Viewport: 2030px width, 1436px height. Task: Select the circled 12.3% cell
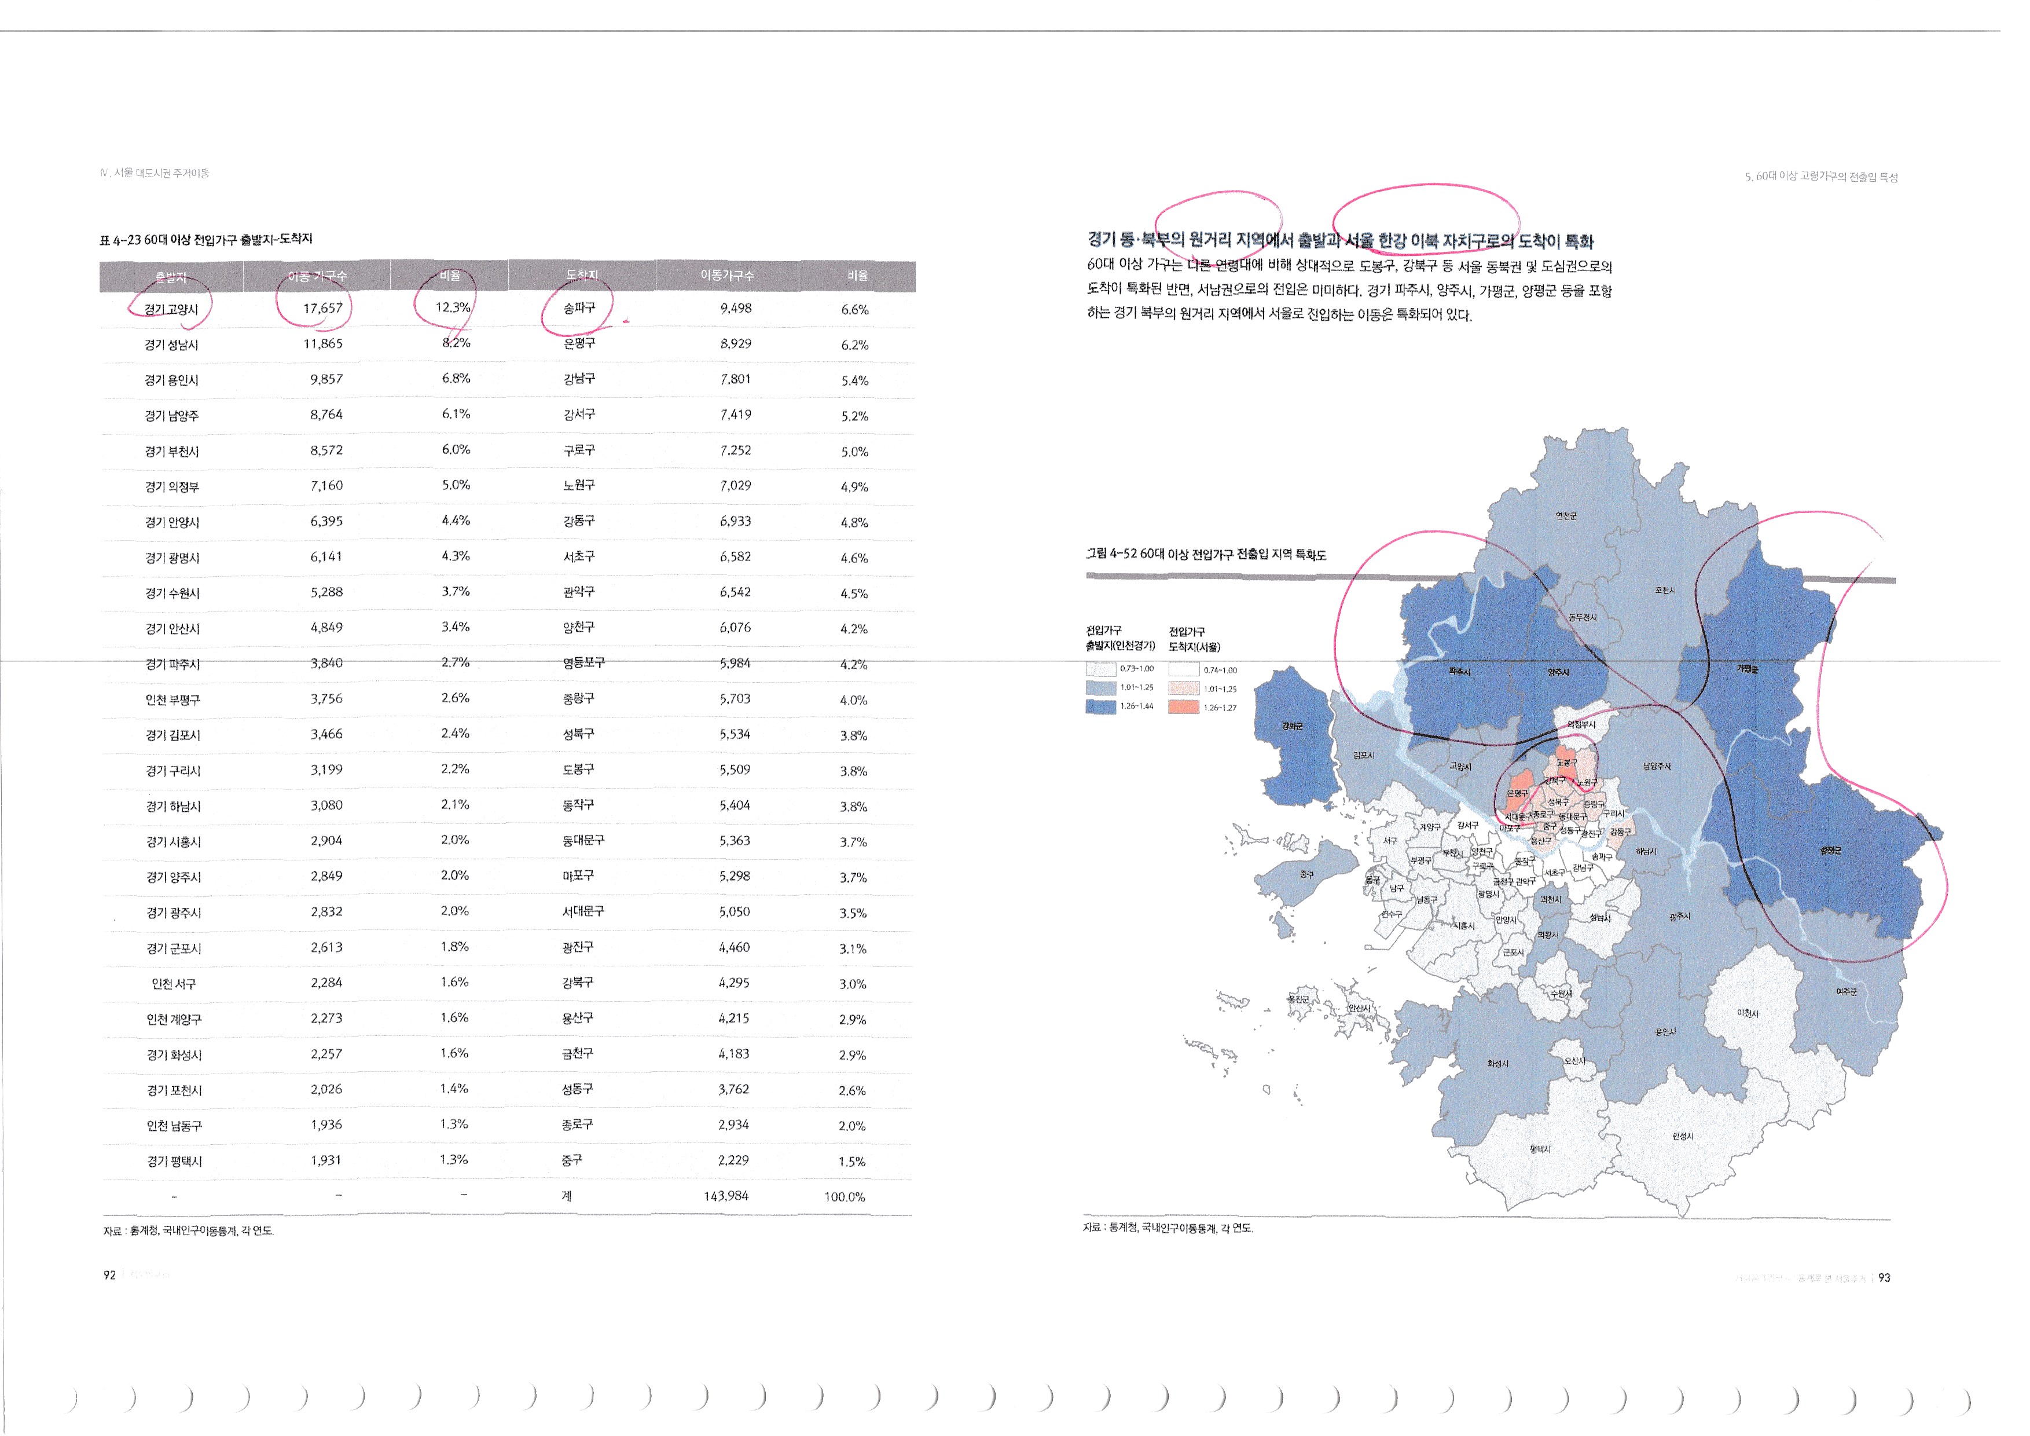coord(453,307)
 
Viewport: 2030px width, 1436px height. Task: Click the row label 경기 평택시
coord(174,1161)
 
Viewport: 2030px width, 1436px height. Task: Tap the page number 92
coord(109,1275)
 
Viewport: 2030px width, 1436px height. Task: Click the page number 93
coord(1884,1278)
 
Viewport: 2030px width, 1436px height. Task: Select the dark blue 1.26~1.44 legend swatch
coord(1101,706)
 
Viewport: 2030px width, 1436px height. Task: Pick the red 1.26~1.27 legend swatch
coord(1184,706)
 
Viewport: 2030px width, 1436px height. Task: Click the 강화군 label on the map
coord(1293,726)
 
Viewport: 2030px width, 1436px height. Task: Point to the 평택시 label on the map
coord(1540,1149)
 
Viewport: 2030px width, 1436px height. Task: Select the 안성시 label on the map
coord(1683,1136)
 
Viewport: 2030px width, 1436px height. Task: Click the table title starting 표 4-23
coord(206,239)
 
